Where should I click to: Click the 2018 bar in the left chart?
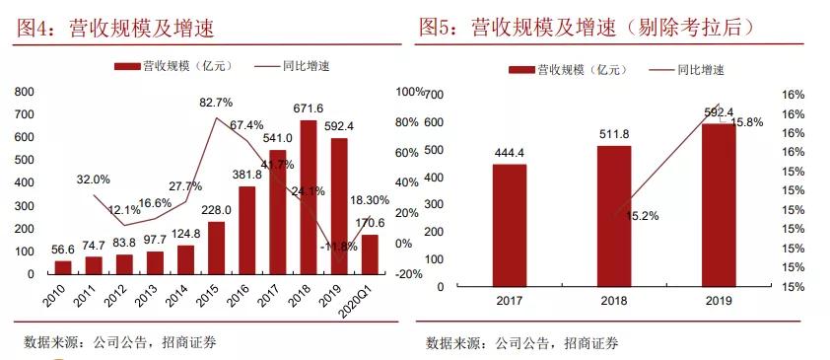coord(309,196)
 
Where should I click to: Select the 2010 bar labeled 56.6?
coord(63,266)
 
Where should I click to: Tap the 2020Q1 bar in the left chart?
coord(369,253)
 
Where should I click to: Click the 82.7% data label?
coord(216,103)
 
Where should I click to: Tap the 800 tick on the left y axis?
coord(24,91)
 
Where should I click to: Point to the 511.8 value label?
coord(614,134)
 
